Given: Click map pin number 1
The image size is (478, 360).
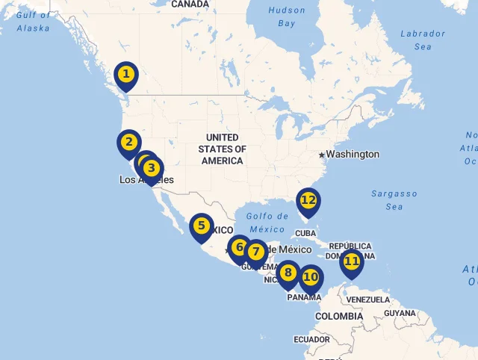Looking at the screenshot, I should point(126,75).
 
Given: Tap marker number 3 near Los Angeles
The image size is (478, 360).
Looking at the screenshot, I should point(152,168).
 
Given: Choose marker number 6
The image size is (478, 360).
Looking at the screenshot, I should point(239,246).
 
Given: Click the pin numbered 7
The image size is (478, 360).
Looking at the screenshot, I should point(255,252).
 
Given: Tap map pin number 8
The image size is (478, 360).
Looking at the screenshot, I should point(288,273).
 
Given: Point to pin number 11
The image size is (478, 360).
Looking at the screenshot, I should point(351,262).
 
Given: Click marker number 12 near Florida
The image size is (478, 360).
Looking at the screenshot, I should point(308,200).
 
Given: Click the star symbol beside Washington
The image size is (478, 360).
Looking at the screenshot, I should point(321,155).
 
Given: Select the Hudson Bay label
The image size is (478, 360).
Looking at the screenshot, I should point(287,17).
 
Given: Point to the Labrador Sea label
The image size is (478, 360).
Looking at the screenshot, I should point(423,40).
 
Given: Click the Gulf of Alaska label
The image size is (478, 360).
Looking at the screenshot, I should point(34,22).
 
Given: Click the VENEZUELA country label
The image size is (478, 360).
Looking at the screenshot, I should point(369,300).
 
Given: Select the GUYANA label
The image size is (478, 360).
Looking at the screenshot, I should point(400,313).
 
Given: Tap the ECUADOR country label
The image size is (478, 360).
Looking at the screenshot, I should point(311,339).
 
